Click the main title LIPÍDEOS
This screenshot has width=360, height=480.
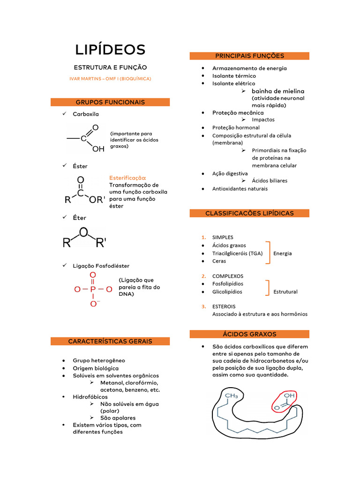click(110, 49)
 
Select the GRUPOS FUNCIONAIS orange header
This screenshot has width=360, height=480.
click(110, 102)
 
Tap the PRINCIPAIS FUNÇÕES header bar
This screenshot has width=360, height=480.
click(249, 56)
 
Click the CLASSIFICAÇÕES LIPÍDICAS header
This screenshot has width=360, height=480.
click(249, 213)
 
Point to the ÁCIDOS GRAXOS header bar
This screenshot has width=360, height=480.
click(249, 334)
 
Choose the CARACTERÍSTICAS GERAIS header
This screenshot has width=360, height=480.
click(110, 341)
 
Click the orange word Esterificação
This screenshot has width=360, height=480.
click(127, 178)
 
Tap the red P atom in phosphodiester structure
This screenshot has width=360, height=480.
click(93, 289)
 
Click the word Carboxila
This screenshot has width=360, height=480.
click(86, 114)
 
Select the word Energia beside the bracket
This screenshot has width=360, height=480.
click(283, 253)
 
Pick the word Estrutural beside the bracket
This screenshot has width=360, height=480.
click(285, 292)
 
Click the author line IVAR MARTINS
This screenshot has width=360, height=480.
click(110, 79)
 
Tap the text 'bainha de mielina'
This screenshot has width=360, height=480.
click(278, 91)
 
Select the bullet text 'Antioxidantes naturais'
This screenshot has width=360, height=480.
click(240, 188)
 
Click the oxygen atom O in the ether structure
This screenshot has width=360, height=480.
click(83, 232)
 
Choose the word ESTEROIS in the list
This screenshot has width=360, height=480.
click(224, 306)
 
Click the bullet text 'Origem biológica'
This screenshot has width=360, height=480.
click(96, 368)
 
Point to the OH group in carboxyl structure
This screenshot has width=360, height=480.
click(98, 150)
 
